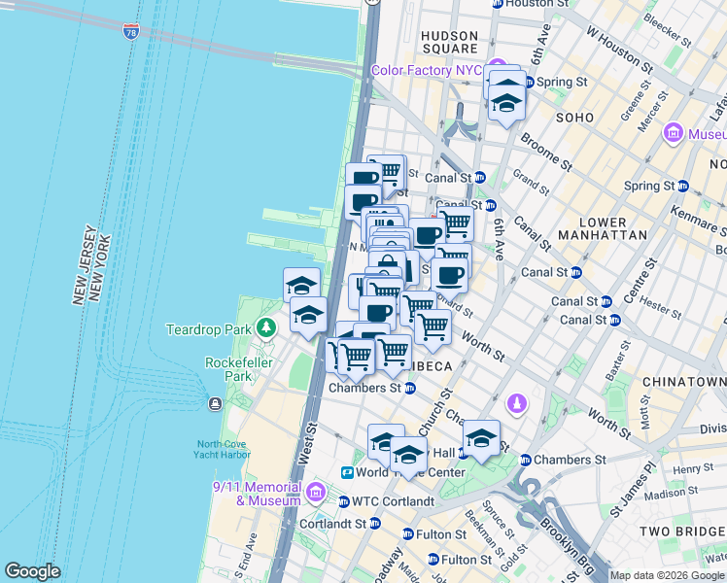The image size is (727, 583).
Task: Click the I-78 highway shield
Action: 131,32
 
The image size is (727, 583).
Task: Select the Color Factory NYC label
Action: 426,70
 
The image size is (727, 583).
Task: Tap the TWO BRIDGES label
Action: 681,531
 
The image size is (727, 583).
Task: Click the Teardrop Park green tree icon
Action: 263,329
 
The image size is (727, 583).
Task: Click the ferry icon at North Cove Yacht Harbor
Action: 214,403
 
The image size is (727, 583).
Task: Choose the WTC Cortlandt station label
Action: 386,501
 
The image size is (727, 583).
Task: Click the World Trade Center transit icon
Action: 347,472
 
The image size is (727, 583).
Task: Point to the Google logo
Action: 32,571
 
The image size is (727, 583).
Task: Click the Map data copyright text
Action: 667,575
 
